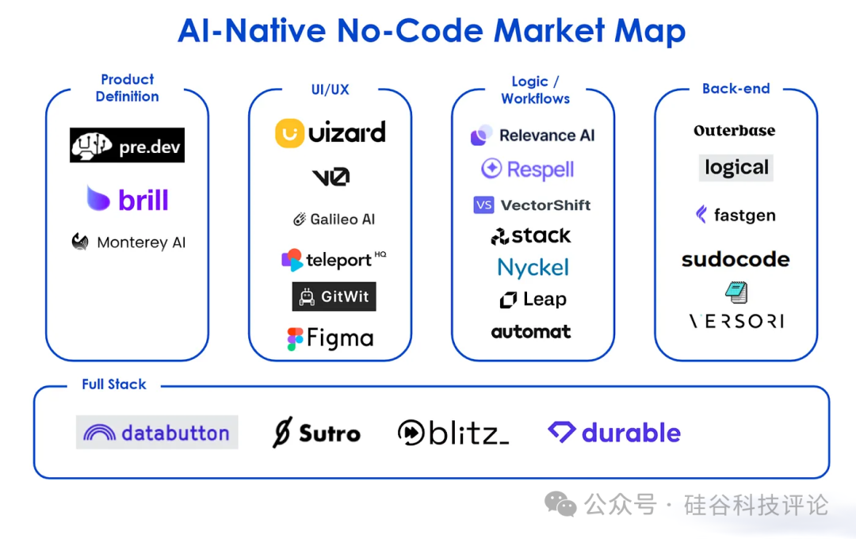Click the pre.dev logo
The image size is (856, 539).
pyautogui.click(x=127, y=145)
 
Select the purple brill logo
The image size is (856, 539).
pyautogui.click(x=128, y=198)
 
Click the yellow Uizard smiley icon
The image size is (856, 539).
pyautogui.click(x=289, y=132)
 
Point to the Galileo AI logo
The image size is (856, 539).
pyautogui.click(x=334, y=220)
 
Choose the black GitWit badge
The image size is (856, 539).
pyautogui.click(x=334, y=296)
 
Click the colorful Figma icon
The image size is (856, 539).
pyautogui.click(x=295, y=339)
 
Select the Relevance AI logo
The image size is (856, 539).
pyautogui.click(x=532, y=136)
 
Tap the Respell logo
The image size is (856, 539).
pyautogui.click(x=527, y=170)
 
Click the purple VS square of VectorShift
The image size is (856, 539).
pyautogui.click(x=483, y=205)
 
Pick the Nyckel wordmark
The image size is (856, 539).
pyautogui.click(x=533, y=268)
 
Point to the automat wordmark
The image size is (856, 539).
pyautogui.click(x=530, y=332)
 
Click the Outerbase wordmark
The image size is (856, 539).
pyautogui.click(x=734, y=131)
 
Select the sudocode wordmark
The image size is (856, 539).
pyautogui.click(x=735, y=259)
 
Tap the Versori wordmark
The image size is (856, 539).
pyautogui.click(x=736, y=321)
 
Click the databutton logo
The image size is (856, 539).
pyautogui.click(x=157, y=433)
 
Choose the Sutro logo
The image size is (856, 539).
pyautogui.click(x=316, y=433)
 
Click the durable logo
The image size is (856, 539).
pyautogui.click(x=614, y=433)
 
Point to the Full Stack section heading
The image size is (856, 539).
pyautogui.click(x=114, y=384)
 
